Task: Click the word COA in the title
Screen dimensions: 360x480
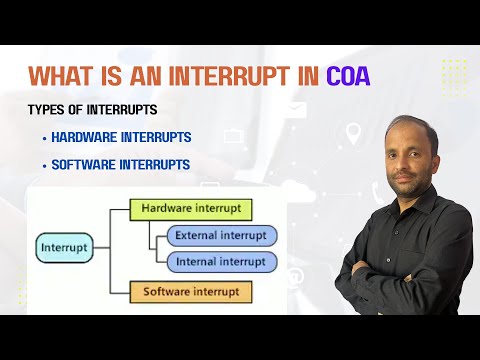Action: (x=348, y=76)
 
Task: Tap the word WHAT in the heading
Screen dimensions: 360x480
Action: (x=63, y=76)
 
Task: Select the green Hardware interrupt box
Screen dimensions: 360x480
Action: (x=190, y=209)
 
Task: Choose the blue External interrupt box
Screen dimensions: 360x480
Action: (x=221, y=236)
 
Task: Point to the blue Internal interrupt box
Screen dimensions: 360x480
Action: (x=221, y=262)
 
